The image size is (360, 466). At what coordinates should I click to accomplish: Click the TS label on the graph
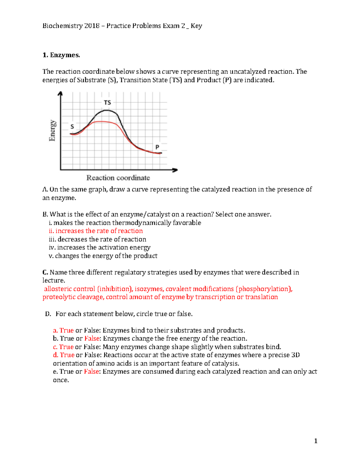pos(107,103)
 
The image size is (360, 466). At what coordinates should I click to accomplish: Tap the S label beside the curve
pos(72,127)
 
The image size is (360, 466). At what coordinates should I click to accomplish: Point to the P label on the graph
pos(157,147)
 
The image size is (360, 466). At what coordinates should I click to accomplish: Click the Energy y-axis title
pos(52,131)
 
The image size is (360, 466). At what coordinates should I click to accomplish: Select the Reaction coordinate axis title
pos(118,178)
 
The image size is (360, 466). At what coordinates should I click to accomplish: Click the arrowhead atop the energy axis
pos(61,94)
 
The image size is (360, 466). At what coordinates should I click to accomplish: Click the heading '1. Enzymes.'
pos(61,55)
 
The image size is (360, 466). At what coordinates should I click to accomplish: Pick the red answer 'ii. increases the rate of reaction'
pos(96,231)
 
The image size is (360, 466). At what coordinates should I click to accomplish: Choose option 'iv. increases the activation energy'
pos(100,248)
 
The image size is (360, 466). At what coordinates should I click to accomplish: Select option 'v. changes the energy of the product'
pos(103,256)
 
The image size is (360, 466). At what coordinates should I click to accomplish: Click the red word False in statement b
pos(92,338)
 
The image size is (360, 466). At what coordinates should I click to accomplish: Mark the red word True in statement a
pos(66,330)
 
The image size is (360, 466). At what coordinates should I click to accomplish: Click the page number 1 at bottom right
pos(316,441)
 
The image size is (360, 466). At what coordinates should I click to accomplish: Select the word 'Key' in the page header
pos(196,26)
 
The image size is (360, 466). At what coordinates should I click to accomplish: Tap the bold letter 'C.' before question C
pos(45,272)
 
